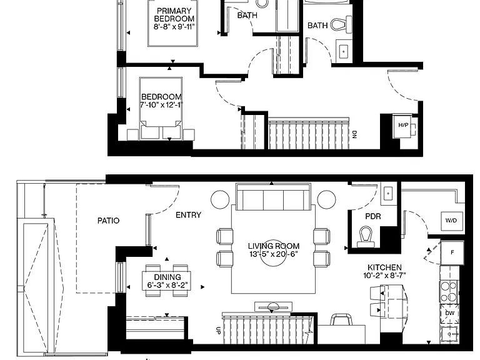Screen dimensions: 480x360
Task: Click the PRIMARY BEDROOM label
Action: (x=174, y=15)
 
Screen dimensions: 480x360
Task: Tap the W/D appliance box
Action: (x=451, y=221)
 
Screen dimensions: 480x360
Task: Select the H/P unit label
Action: (x=403, y=125)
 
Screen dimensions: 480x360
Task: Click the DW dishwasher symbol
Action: (x=450, y=314)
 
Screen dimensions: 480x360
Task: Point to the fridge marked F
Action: (x=452, y=252)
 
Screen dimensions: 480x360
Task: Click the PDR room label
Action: (x=373, y=216)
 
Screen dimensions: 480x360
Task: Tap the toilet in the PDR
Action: (x=366, y=237)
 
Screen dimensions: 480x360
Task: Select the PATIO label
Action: (x=108, y=221)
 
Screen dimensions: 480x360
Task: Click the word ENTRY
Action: (x=188, y=215)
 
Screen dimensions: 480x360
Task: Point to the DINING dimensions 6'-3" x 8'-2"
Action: (x=167, y=285)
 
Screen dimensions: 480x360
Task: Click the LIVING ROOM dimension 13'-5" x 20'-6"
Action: (x=273, y=254)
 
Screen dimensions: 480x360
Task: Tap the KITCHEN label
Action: (x=384, y=267)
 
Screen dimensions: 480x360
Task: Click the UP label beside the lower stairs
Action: (x=218, y=331)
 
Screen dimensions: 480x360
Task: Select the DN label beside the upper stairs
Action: (x=354, y=134)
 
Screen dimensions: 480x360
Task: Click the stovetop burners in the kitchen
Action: (x=449, y=292)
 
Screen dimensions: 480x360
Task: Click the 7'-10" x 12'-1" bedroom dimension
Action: (x=161, y=105)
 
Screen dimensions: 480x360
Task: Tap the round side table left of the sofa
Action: (x=220, y=199)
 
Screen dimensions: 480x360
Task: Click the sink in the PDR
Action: (x=388, y=194)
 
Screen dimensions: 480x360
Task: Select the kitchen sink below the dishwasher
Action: (x=449, y=334)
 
